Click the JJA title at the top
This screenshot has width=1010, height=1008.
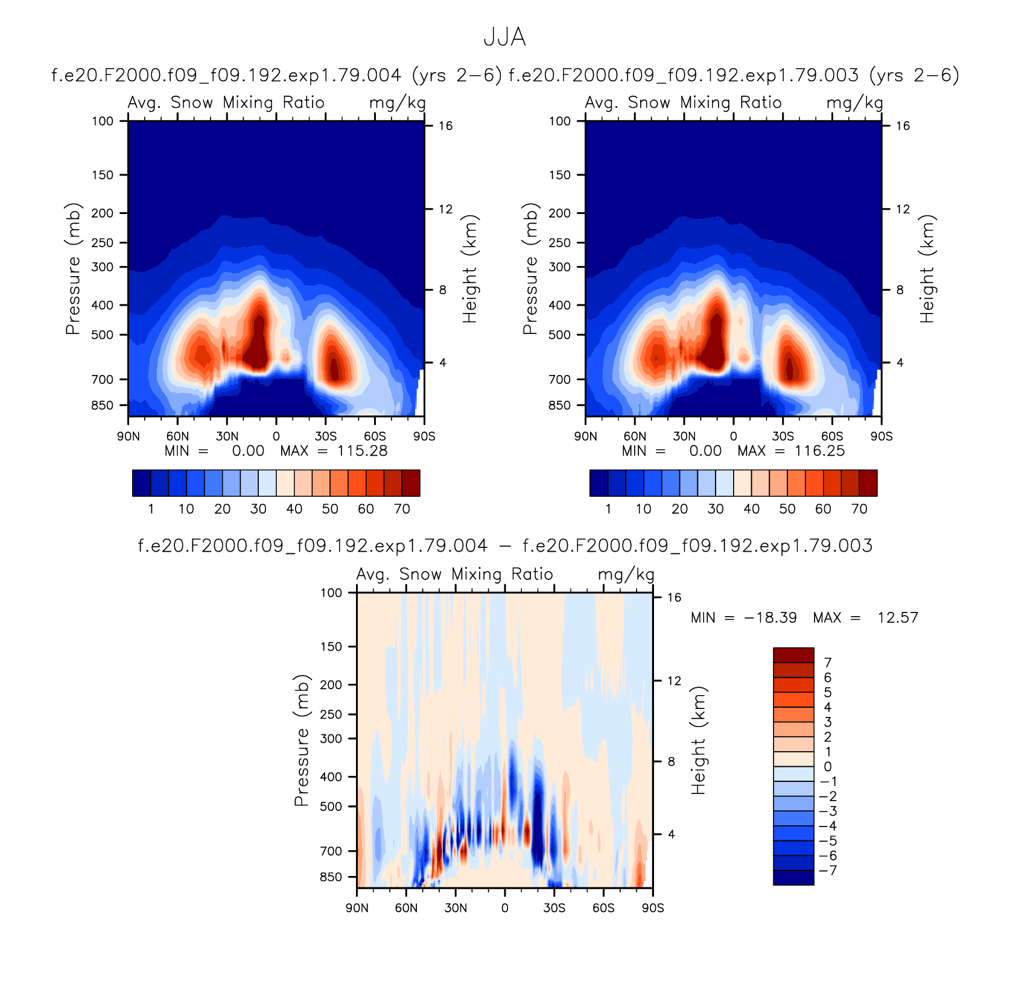point(504,37)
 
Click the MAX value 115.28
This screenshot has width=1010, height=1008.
point(362,451)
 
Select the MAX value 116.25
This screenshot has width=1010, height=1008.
point(819,451)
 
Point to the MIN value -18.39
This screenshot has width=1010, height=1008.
point(770,618)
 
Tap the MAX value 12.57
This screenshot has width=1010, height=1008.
point(898,618)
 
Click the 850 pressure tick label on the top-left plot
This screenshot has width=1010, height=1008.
point(102,405)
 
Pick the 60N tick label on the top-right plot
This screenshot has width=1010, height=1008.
point(635,436)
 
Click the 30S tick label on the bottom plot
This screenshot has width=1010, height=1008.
point(554,908)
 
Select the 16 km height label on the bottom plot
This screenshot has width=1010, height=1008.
point(674,597)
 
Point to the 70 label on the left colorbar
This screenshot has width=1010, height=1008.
point(402,509)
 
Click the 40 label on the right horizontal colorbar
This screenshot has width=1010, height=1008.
point(751,509)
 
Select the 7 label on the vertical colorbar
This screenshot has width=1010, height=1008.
point(828,663)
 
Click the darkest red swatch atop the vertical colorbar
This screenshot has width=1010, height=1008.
point(793,655)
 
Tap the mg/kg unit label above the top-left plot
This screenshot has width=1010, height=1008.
point(398,104)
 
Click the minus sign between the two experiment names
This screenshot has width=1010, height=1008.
point(505,546)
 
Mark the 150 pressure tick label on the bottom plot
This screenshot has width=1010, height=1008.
point(331,646)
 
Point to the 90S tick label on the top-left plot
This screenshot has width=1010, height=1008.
point(424,436)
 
